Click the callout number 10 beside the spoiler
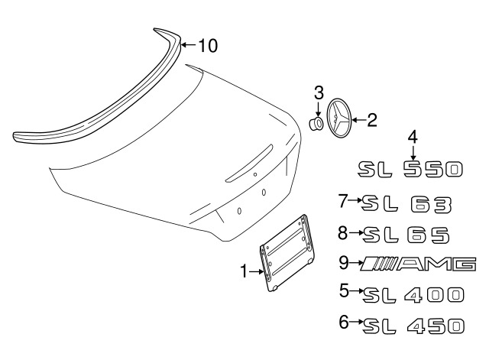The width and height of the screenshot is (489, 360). coord(208,46)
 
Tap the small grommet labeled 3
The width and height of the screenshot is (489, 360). coord(316,124)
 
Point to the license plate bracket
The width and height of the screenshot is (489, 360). coord(287,253)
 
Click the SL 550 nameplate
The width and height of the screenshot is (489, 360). coord(410,170)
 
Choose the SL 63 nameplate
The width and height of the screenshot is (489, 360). coord(406,204)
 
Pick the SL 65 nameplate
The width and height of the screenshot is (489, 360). coord(406,235)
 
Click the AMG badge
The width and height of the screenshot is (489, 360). coord(418,264)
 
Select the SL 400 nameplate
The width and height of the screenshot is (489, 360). coord(413,295)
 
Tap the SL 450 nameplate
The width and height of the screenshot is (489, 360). coord(413,326)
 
